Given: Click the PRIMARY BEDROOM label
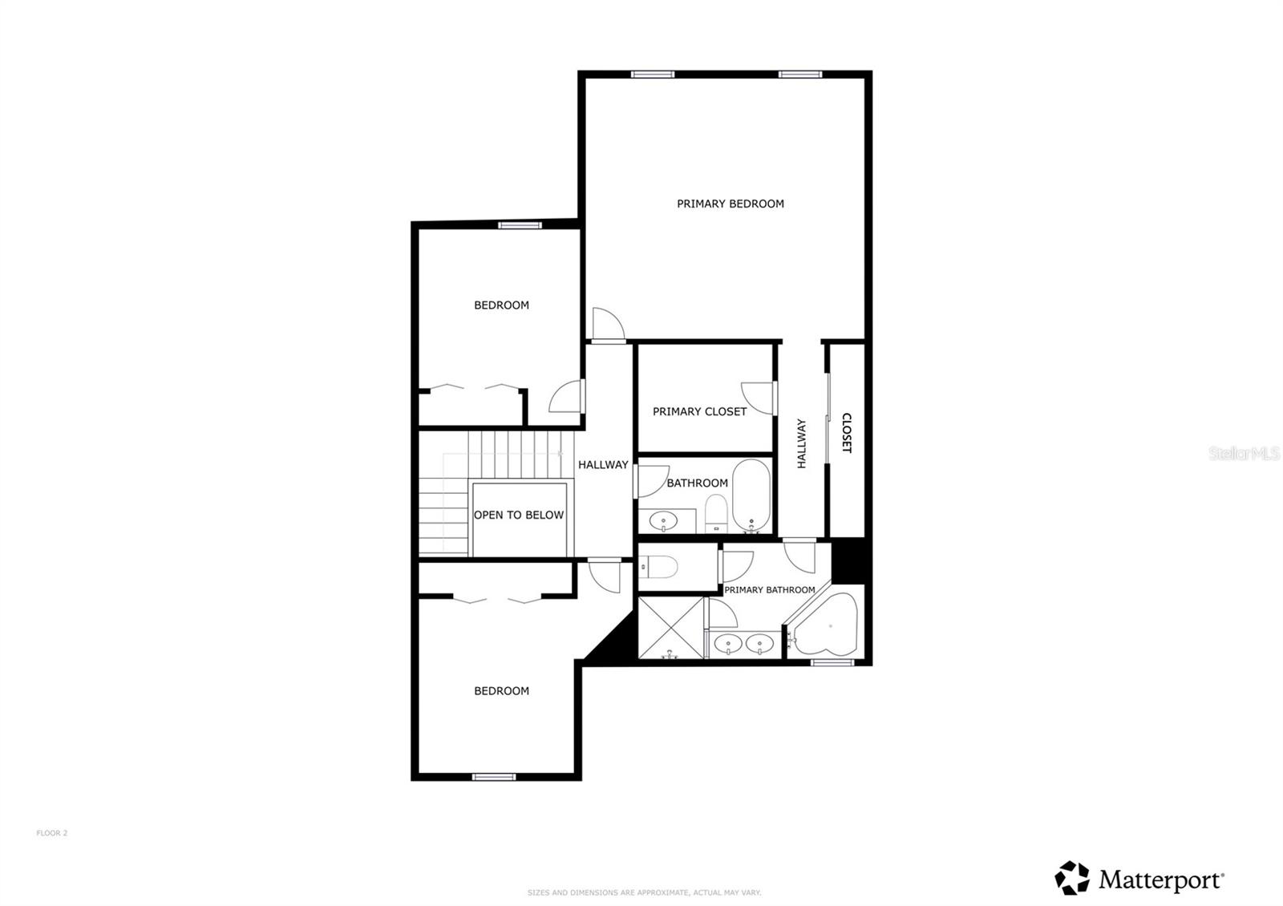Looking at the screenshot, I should tap(730, 204).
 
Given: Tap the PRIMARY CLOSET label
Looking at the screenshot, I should tap(699, 411).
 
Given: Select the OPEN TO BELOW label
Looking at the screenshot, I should tap(518, 515).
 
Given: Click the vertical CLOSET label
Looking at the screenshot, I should tap(846, 433).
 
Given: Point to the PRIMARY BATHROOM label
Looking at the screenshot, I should tap(769, 589).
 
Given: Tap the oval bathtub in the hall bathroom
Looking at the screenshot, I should tap(751, 495).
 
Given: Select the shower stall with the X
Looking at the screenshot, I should tap(670, 627).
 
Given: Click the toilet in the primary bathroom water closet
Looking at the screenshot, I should tap(660, 567).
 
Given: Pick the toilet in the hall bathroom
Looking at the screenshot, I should tap(716, 512).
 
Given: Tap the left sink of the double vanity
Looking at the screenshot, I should tap(728, 643).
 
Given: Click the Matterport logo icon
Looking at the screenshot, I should tap(1072, 878).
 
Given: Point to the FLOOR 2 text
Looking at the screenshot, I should tap(52, 833).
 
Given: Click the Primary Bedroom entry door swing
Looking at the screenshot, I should tap(606, 325).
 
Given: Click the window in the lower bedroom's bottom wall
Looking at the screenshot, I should tap(492, 776).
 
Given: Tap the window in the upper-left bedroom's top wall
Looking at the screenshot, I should tap(520, 225).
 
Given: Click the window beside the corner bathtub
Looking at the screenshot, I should tap(832, 662).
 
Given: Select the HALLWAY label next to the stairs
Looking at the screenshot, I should tap(603, 464).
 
